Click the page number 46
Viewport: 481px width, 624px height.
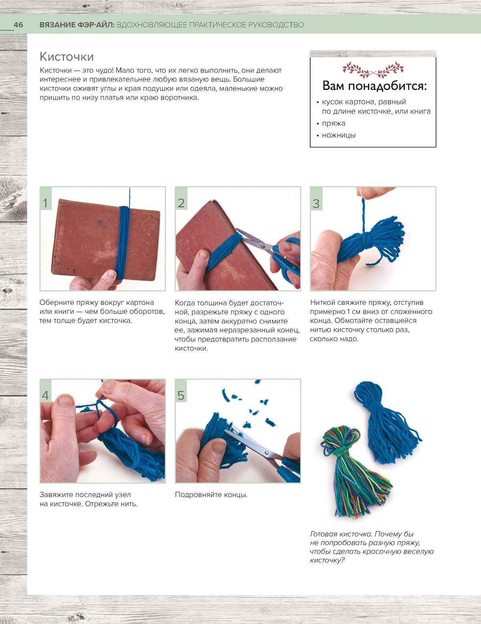tap(18, 25)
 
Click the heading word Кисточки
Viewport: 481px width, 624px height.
tap(67, 57)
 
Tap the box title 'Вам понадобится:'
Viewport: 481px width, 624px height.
tap(374, 86)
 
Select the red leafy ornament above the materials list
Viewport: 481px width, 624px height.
tap(373, 70)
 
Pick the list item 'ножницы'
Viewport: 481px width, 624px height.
tap(339, 135)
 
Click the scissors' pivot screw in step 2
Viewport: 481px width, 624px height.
tap(263, 246)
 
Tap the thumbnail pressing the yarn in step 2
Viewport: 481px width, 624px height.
tap(204, 254)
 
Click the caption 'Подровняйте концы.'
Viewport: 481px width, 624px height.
tap(211, 495)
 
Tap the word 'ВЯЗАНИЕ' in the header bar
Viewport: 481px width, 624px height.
tap(57, 25)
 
